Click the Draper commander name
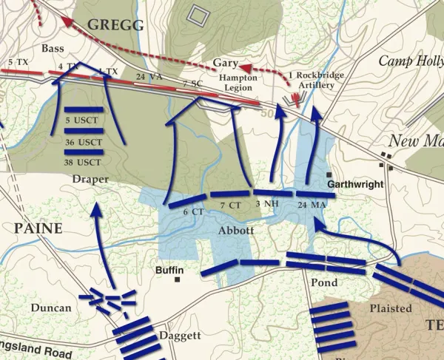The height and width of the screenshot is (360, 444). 90,179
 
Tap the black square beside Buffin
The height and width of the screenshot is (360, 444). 178,279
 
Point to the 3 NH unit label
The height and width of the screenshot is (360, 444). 267,203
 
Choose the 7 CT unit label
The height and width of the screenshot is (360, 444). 230,205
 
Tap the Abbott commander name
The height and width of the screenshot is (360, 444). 237,230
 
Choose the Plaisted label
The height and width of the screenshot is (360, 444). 390,308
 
